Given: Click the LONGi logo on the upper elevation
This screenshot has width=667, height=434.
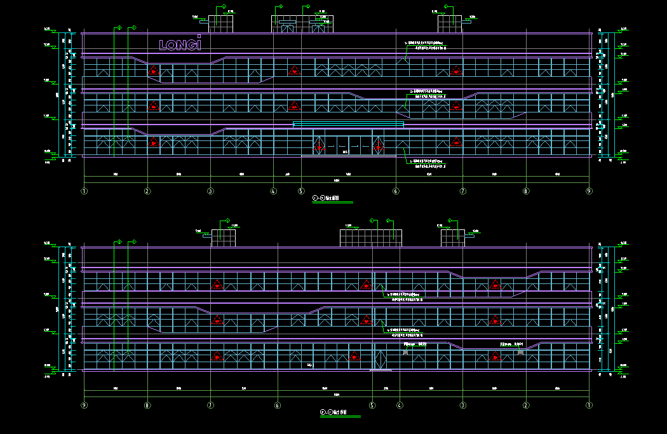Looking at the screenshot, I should point(180,44).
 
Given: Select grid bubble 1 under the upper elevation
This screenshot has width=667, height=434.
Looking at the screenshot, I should point(84,191).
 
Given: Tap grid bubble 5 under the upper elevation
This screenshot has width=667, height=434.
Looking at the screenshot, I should point(302,191).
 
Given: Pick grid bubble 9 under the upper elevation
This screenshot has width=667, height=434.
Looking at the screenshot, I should point(589,191).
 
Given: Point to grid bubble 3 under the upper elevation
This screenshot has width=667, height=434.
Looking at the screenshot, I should point(210,191).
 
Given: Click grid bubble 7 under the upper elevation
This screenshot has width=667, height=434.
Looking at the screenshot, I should point(462,191).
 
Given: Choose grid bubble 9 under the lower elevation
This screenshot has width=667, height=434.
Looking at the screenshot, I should point(84,405).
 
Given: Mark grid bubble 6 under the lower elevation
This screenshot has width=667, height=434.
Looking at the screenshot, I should point(277,405).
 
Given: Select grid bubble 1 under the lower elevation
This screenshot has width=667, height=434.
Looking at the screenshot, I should point(589,405).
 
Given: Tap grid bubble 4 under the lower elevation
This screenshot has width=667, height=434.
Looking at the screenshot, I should point(400,405).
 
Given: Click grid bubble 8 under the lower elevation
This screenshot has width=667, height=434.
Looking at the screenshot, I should point(147,405).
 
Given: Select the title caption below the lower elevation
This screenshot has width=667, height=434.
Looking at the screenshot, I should point(334,412).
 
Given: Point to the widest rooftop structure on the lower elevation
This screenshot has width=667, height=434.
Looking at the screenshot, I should point(371,238).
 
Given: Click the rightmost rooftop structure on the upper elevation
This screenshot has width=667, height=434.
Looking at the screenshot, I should point(450,24).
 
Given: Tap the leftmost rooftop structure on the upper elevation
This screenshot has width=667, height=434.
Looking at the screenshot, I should point(221,20).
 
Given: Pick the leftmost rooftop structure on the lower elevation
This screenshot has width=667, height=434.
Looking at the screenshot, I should point(223,238).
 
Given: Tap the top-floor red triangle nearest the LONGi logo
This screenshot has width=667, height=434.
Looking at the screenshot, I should point(153,71).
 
